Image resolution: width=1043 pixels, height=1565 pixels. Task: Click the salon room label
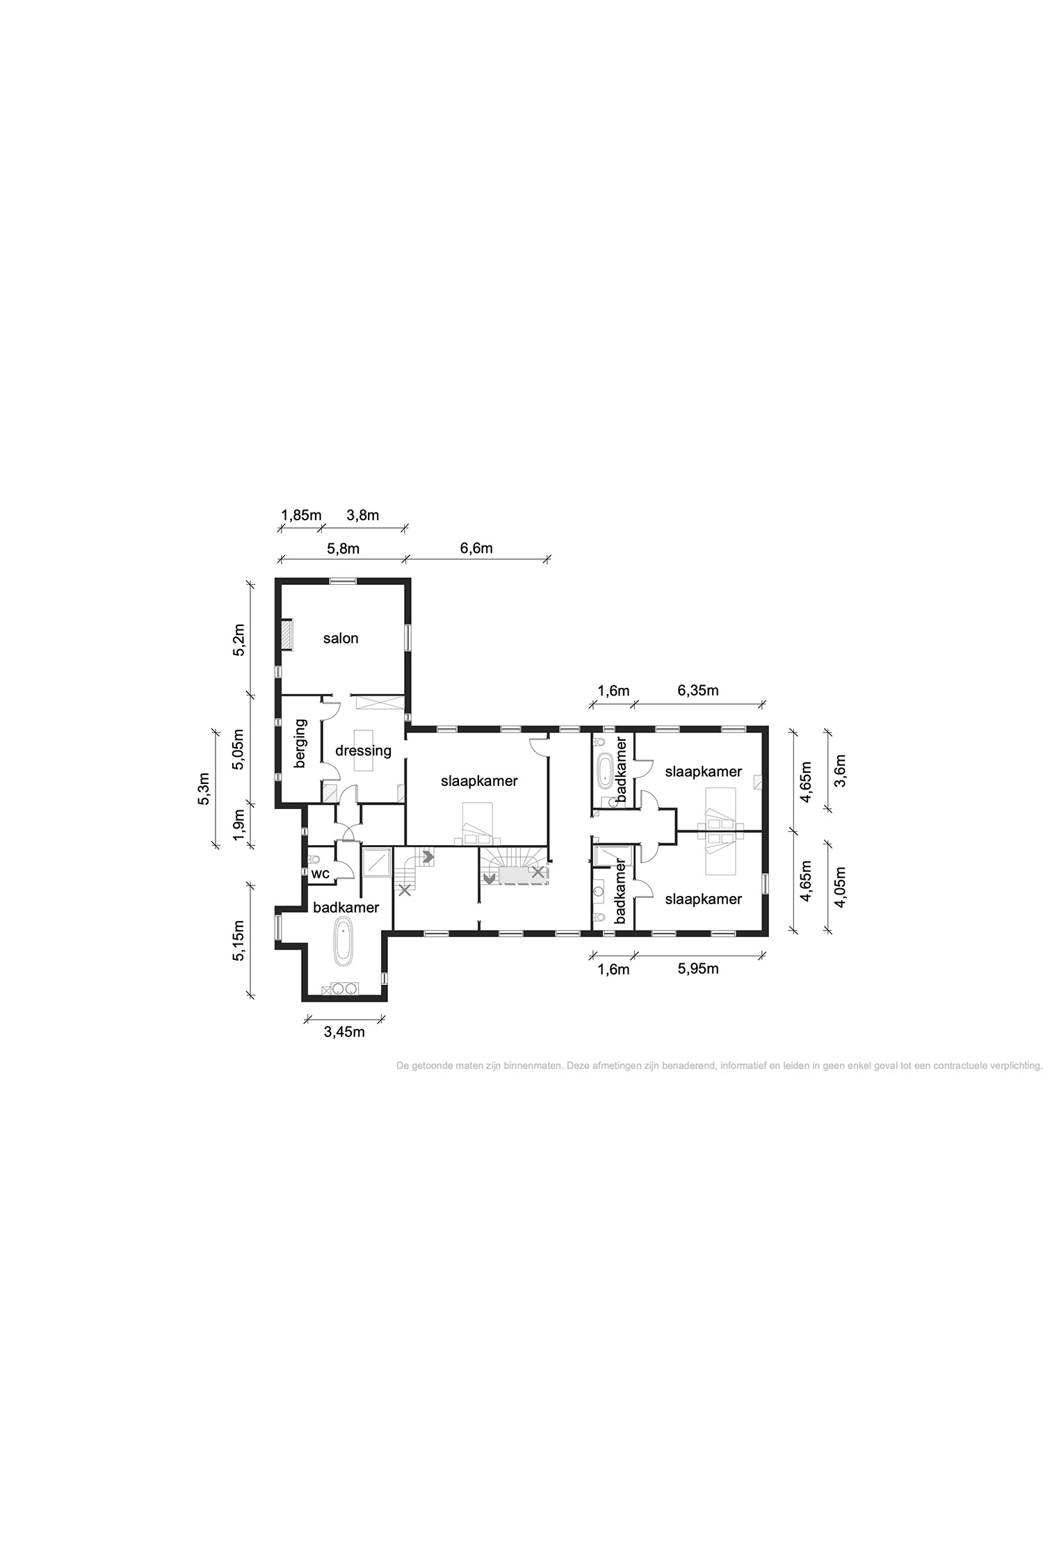point(341,638)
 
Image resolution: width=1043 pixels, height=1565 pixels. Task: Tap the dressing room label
point(363,751)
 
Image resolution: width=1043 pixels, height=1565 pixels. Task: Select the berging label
point(300,744)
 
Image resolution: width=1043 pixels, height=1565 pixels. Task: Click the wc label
point(321,874)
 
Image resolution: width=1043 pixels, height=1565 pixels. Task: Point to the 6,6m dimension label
point(476,548)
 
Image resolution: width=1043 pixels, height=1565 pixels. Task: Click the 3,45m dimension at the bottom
point(344,1032)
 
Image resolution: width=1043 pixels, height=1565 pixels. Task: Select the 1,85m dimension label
point(301,515)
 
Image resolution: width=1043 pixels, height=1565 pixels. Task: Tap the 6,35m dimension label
point(698,691)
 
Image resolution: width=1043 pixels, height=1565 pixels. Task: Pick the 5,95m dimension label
point(698,968)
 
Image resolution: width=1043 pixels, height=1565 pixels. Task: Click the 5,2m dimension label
point(238,640)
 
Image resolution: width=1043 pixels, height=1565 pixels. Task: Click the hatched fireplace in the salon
point(286,635)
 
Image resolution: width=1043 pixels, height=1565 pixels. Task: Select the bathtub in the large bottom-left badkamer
point(343,941)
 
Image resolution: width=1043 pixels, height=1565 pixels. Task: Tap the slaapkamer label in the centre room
point(479,781)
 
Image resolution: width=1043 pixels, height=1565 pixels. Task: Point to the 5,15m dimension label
point(238,941)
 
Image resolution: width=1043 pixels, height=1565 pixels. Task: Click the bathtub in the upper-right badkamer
point(605,770)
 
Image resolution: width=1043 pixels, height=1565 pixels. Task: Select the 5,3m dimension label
point(204,789)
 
